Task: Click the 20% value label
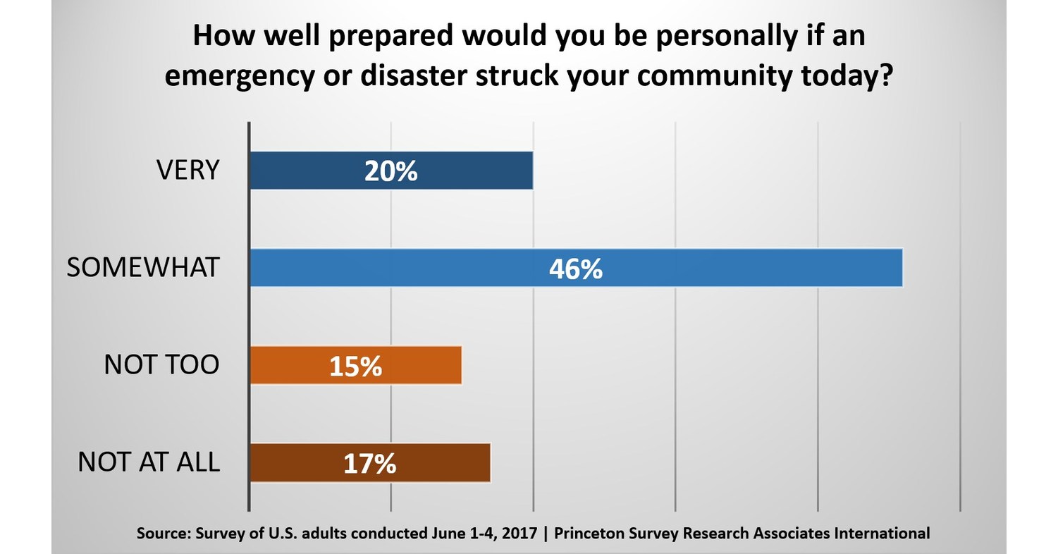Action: point(391,171)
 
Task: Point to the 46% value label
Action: point(576,269)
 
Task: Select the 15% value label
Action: point(355,366)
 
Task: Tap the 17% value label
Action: point(369,463)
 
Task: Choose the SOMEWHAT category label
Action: point(143,269)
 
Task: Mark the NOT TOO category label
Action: point(161,366)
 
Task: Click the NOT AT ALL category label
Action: point(149,463)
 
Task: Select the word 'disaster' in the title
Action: point(422,77)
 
